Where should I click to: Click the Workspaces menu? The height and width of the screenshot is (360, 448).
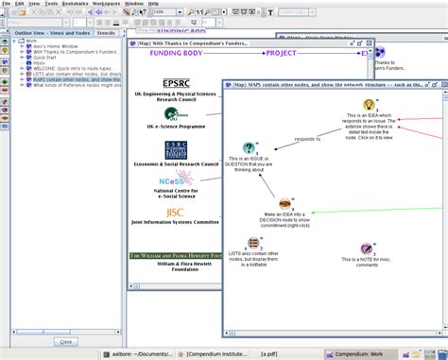pyautogui.click(x=105, y=4)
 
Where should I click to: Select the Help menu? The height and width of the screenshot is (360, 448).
pyautogui.click(x=153, y=4)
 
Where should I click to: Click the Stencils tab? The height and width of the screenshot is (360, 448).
pyautogui.click(x=107, y=32)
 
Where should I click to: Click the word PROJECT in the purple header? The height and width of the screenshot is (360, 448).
pyautogui.click(x=287, y=54)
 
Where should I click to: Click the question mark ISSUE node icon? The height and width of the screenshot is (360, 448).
pyautogui.click(x=249, y=147)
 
